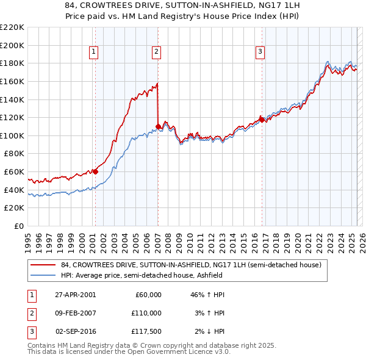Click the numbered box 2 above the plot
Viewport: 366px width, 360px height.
tap(157, 52)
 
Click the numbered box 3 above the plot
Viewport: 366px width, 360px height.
tap(260, 52)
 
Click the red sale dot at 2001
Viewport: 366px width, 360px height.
tap(95, 171)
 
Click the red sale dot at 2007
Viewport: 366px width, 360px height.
tap(158, 126)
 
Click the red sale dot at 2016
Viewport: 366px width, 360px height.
tap(262, 120)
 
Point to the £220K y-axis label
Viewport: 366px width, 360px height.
tap(12, 27)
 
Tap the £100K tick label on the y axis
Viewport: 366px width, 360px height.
tap(12, 135)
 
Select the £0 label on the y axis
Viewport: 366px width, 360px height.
tap(18, 226)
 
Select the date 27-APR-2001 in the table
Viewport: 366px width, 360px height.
tap(75, 295)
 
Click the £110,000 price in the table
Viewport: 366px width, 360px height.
tap(146, 313)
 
